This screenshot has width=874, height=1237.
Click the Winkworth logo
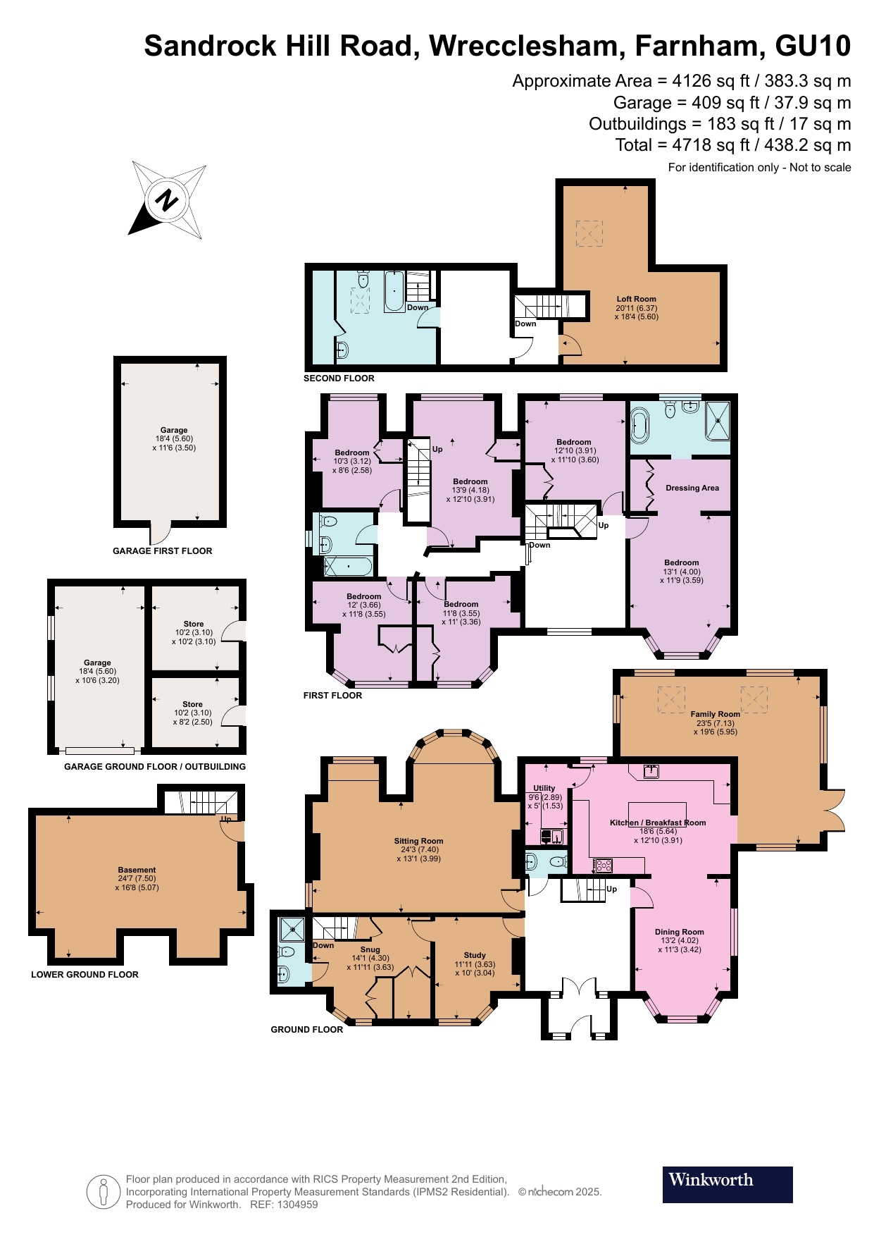point(727,1184)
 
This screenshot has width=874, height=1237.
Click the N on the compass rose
point(168,200)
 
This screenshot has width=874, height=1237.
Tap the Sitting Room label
point(418,841)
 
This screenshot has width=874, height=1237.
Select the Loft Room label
point(636,299)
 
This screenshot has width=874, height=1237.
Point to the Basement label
point(137,870)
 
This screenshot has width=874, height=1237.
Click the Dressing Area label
point(692,488)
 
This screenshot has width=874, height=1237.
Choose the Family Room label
point(715,714)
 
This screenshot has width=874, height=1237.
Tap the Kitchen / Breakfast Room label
point(657,823)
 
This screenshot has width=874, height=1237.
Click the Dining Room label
point(679,932)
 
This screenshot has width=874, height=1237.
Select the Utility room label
point(544,788)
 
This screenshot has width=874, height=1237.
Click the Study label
point(475,956)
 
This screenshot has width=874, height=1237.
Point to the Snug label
point(370,949)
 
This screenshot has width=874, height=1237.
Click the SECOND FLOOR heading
point(339,379)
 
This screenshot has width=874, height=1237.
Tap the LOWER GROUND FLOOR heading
point(85,975)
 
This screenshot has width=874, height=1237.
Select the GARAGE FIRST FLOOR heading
point(162,551)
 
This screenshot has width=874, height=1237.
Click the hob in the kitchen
point(603,865)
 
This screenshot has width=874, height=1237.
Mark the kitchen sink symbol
point(651,771)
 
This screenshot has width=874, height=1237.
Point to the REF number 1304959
point(300,1205)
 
